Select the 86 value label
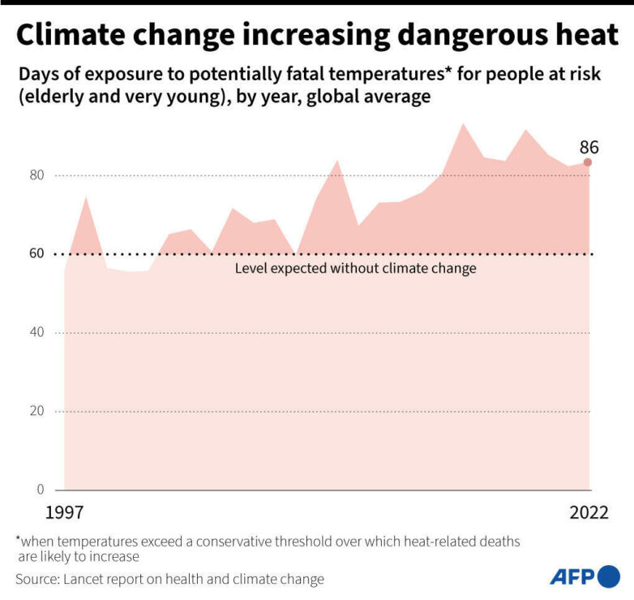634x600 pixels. [589, 148]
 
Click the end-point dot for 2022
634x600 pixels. [588, 162]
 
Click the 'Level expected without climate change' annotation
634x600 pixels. [355, 268]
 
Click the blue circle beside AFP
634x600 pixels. [609, 577]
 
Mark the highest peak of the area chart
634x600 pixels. [463, 124]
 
